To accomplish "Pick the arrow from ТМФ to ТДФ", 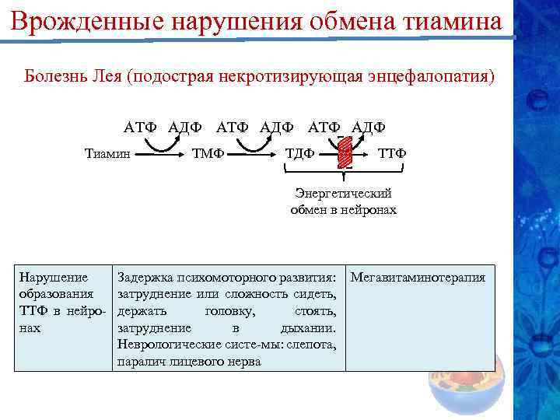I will pos(253,153).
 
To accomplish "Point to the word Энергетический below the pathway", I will pos(343,194).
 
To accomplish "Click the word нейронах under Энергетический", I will pos(368,210).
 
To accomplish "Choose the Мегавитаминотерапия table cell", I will pos(418,277).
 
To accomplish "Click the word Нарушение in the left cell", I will pos(53,277).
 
